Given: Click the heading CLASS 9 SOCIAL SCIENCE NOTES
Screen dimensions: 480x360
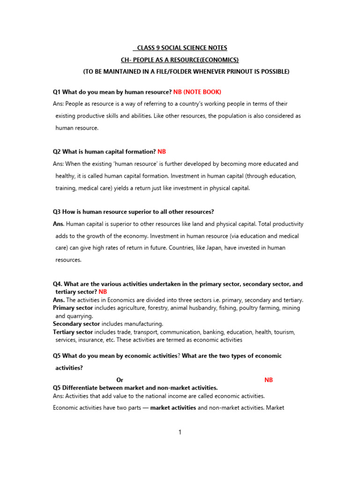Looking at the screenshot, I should click(180, 48).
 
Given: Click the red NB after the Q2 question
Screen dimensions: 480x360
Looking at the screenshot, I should click(162, 152).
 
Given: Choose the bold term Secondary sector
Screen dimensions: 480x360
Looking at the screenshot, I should click(76, 324).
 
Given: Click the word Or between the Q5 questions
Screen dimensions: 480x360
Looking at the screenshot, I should click(120, 380).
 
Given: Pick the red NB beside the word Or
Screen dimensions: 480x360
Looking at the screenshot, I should click(269, 380).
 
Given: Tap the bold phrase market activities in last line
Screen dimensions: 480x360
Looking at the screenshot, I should click(173, 408).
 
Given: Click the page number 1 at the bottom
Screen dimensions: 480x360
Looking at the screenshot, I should click(180, 432).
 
